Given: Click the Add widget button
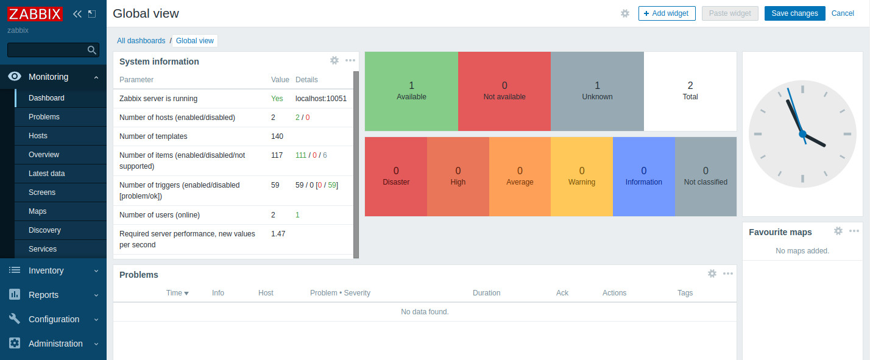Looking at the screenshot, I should coord(667,13).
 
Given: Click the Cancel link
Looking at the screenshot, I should coord(843,13).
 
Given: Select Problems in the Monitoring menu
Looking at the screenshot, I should coord(44,117).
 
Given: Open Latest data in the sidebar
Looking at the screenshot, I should coord(46,174).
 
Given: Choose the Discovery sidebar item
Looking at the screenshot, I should coord(44,230).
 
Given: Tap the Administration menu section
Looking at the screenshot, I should coord(55,344).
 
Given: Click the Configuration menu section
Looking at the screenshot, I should coord(54,319).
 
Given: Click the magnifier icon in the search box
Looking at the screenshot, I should coord(92,50).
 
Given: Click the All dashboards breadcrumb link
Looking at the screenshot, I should coord(141,41).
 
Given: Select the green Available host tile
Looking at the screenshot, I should coord(411,91).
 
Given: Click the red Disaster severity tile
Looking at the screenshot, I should coord(396,176).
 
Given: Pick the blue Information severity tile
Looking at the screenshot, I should coord(643,176).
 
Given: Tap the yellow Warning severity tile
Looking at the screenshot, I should coord(581,176).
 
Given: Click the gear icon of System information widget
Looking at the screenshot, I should coord(334,60).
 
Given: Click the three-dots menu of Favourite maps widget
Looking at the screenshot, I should coord(854,231).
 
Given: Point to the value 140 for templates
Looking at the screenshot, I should coord(277,136).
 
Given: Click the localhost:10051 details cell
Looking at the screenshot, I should coord(321,99).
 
